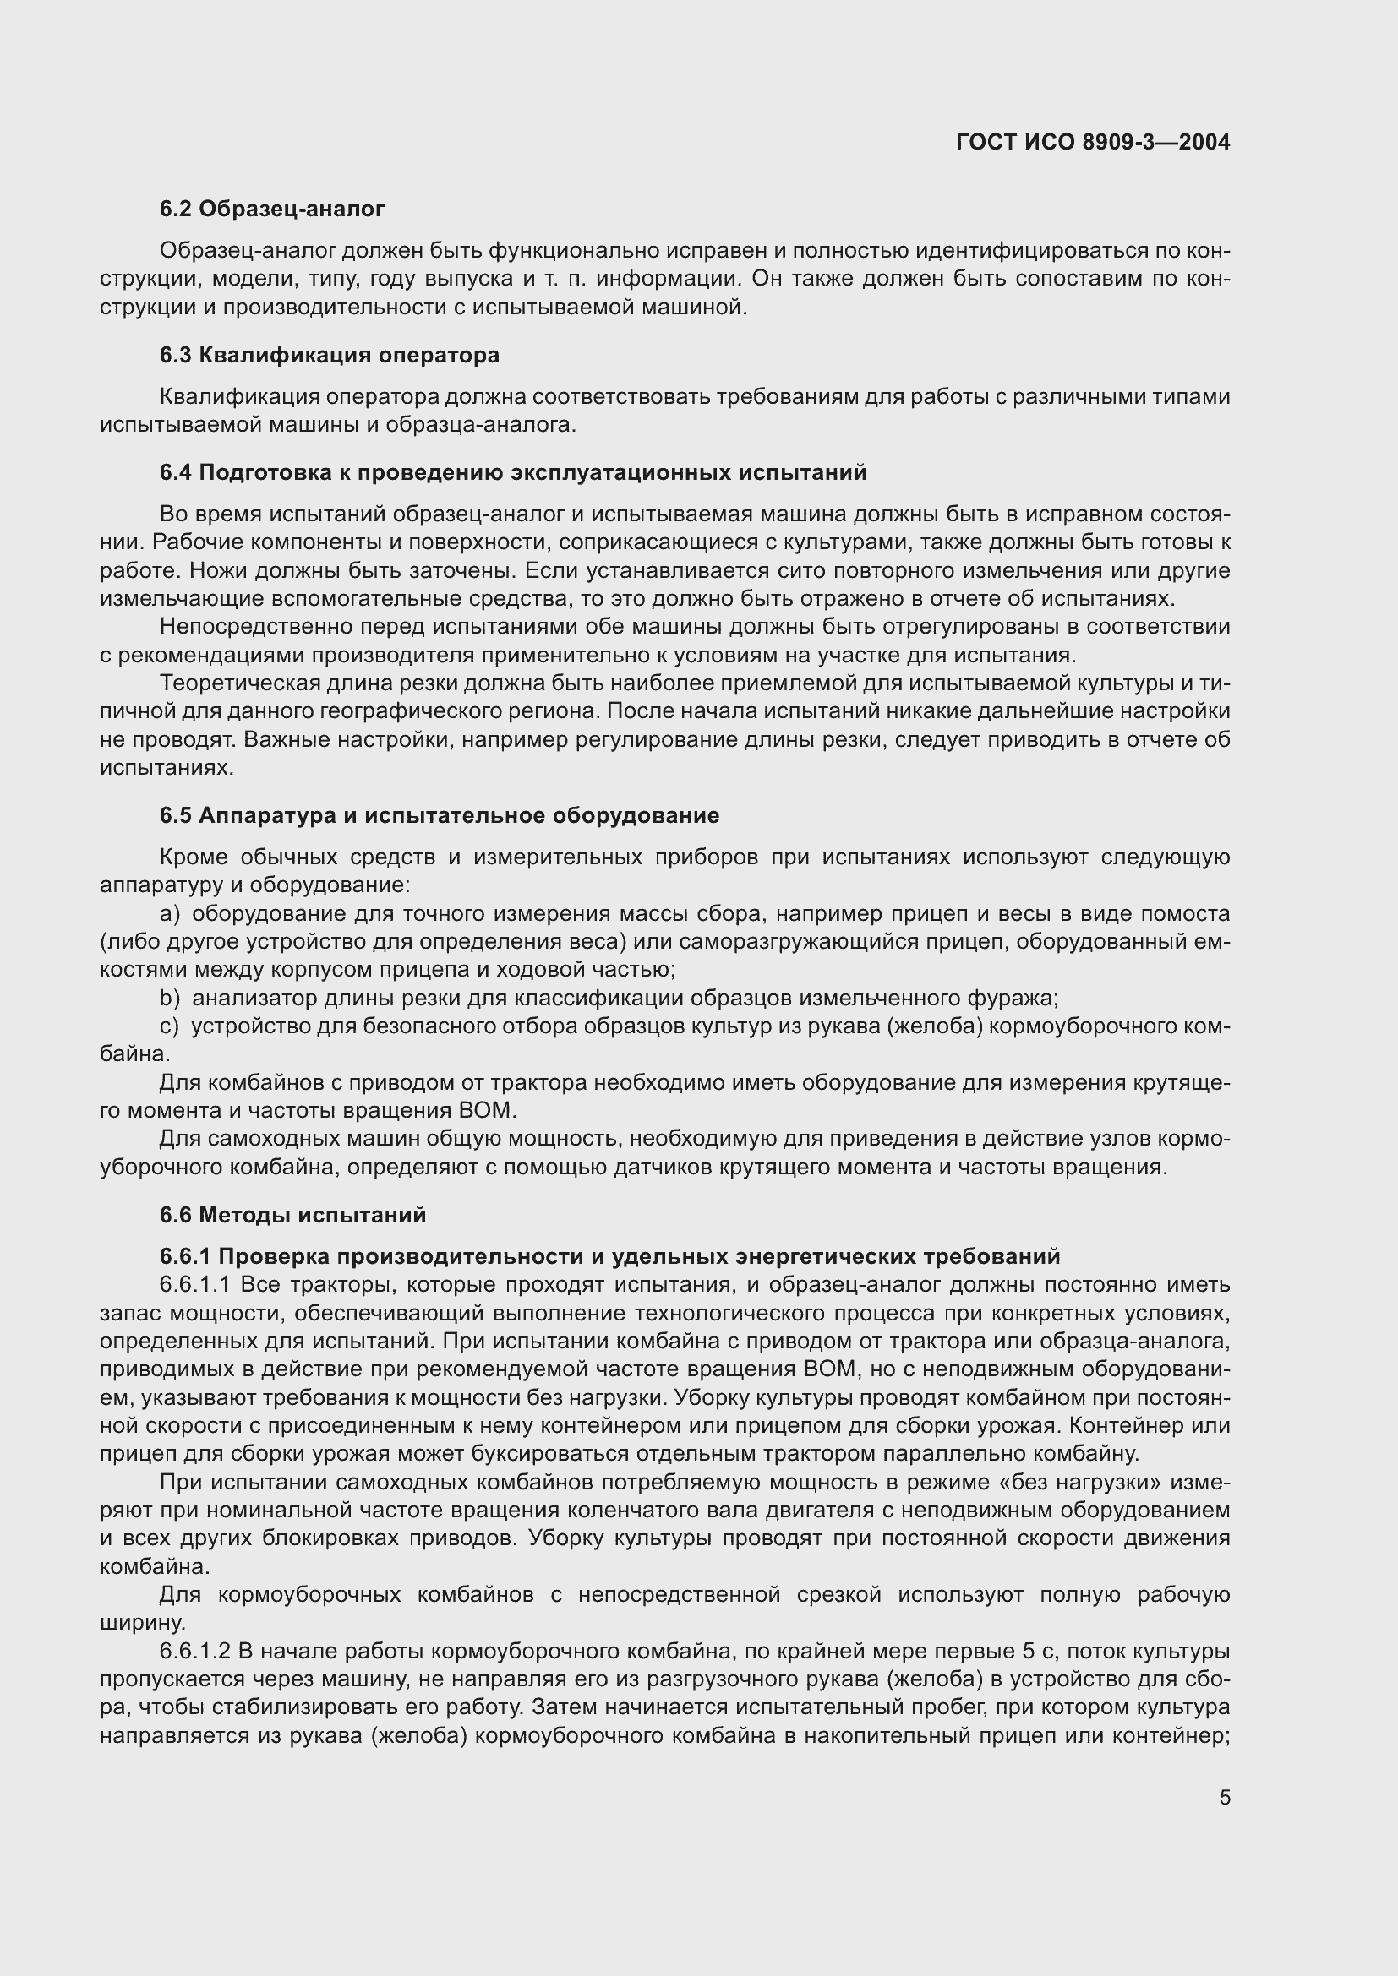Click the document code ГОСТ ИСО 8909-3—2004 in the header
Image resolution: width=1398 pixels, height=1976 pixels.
(x=1092, y=142)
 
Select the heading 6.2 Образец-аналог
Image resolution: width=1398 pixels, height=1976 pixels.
(x=272, y=209)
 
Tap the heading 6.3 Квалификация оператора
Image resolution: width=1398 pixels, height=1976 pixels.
(x=329, y=355)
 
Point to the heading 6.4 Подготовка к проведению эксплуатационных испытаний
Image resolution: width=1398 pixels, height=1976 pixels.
(x=512, y=471)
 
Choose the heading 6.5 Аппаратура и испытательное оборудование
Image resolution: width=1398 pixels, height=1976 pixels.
(x=439, y=815)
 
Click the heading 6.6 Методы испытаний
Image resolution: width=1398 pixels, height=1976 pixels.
(x=292, y=1214)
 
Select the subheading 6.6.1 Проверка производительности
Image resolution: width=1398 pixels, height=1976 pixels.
(x=609, y=1256)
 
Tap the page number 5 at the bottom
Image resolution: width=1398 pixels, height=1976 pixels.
(x=1224, y=1797)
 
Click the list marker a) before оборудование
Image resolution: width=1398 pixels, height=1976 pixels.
(x=170, y=913)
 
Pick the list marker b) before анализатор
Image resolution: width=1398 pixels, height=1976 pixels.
(x=170, y=998)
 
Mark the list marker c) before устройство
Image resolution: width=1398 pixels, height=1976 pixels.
(x=170, y=1026)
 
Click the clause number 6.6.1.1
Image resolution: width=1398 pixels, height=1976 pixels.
(x=194, y=1285)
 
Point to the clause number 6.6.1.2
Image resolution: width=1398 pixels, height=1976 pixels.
(x=194, y=1652)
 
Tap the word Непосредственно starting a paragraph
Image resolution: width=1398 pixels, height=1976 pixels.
(x=248, y=627)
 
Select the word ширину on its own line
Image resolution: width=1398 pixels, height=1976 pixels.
(x=142, y=1623)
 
